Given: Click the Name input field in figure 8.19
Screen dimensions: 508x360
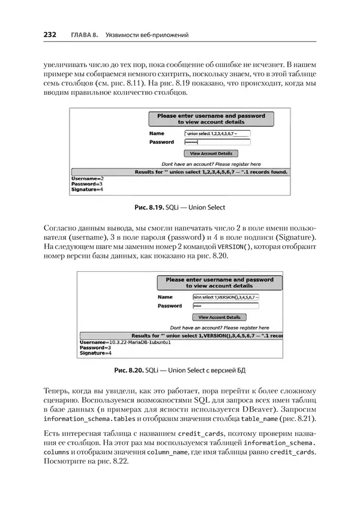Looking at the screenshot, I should coord(217,133).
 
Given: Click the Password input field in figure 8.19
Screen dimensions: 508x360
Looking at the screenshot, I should coord(217,142).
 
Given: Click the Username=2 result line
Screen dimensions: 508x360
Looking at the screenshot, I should coord(88,179).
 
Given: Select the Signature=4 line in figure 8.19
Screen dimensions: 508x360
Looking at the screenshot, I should coord(88,190).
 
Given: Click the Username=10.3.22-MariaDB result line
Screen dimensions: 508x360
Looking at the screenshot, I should coord(121,342).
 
